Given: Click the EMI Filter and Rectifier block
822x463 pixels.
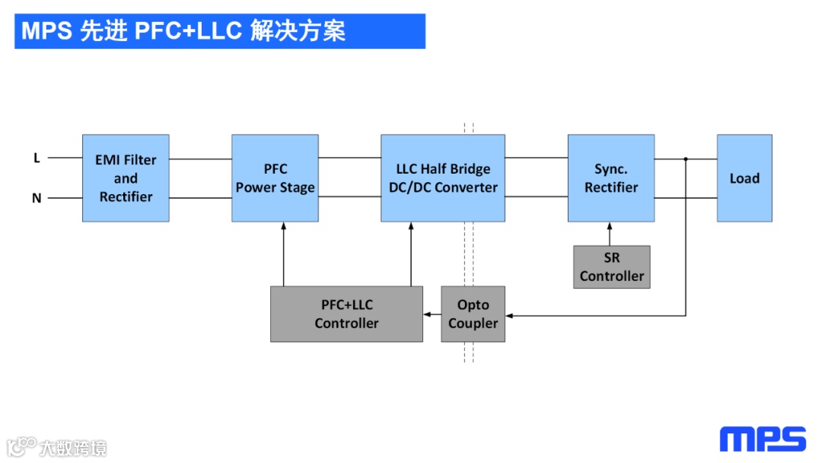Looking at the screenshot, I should point(126,178).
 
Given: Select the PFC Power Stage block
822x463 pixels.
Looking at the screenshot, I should point(275,178).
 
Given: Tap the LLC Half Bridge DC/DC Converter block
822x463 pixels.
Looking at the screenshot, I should point(442,178).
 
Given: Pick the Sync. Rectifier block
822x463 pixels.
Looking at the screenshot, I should point(610,178).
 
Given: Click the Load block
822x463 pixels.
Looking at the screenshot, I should point(744,178).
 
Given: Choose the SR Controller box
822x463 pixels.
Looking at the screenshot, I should point(611,267).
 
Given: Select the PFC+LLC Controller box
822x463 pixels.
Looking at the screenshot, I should point(346,314).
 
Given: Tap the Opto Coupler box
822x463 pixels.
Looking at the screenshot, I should point(473,314).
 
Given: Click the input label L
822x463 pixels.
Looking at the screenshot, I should point(37,158).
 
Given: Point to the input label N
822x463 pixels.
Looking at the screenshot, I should point(37,198).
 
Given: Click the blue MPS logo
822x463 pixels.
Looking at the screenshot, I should point(763,439).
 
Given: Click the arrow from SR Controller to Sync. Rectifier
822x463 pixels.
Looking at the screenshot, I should point(610,234).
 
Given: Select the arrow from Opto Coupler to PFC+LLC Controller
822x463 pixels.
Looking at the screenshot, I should point(432,314).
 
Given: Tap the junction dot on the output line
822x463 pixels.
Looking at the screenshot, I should point(686,159).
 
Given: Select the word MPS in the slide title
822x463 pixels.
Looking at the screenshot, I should point(46,30).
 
